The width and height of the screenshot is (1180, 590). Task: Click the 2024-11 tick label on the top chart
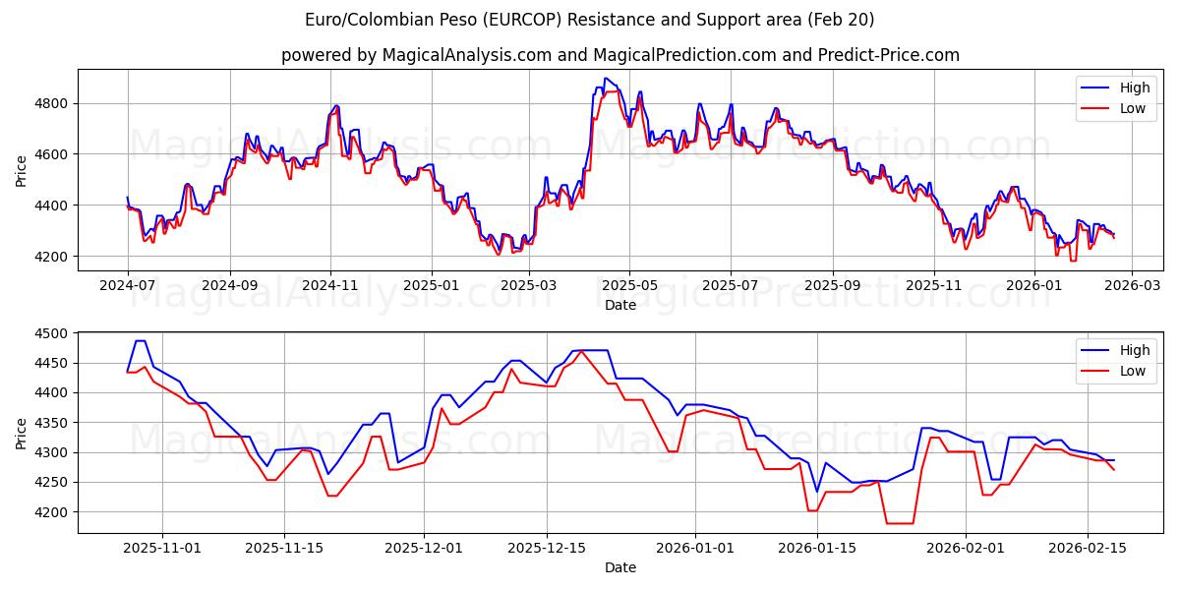pyautogui.click(x=330, y=286)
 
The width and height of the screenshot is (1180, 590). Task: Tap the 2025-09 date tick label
pyautogui.click(x=833, y=286)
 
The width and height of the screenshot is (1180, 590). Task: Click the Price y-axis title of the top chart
pyautogui.click(x=22, y=169)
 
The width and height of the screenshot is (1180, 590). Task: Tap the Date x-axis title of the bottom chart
pyautogui.click(x=620, y=567)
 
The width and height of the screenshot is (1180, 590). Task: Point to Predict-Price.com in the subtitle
pyautogui.click(x=889, y=55)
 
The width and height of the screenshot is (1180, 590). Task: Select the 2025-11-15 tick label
pyautogui.click(x=284, y=549)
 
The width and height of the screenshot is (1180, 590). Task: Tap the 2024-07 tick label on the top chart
pyautogui.click(x=127, y=286)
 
